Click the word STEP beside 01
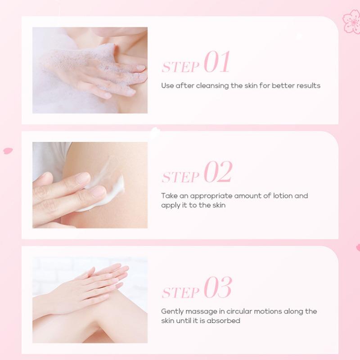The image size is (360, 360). pos(180,67)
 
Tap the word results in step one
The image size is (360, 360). pos(308,85)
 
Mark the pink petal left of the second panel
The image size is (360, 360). pos(8,151)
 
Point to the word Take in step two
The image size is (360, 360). pos(169,196)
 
